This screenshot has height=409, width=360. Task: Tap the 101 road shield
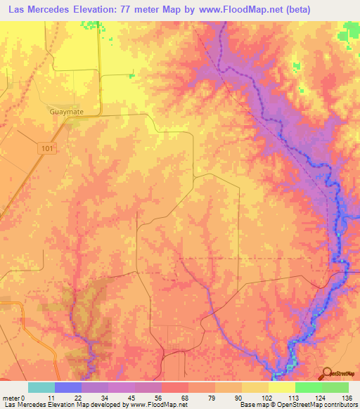(x=46, y=148)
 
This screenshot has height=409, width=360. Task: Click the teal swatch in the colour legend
(x=41, y=387)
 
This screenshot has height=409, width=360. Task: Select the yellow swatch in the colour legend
(x=281, y=387)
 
